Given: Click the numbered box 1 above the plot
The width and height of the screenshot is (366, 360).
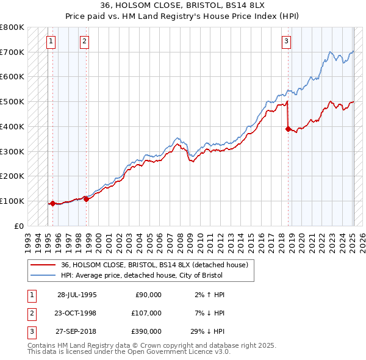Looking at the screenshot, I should (x=51, y=41).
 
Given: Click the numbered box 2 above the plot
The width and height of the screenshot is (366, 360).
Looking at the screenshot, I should (x=84, y=41).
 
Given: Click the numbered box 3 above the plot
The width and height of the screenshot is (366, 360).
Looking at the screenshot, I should (x=285, y=41).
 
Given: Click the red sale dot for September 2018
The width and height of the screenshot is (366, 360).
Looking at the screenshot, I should (x=288, y=129).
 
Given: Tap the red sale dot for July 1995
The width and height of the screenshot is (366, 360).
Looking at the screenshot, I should (x=52, y=203).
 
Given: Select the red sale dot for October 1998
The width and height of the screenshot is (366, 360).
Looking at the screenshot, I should (x=86, y=199).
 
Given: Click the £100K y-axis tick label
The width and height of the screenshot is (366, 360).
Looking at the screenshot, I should (x=13, y=201).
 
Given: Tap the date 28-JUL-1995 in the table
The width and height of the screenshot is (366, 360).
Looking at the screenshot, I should (x=76, y=295).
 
